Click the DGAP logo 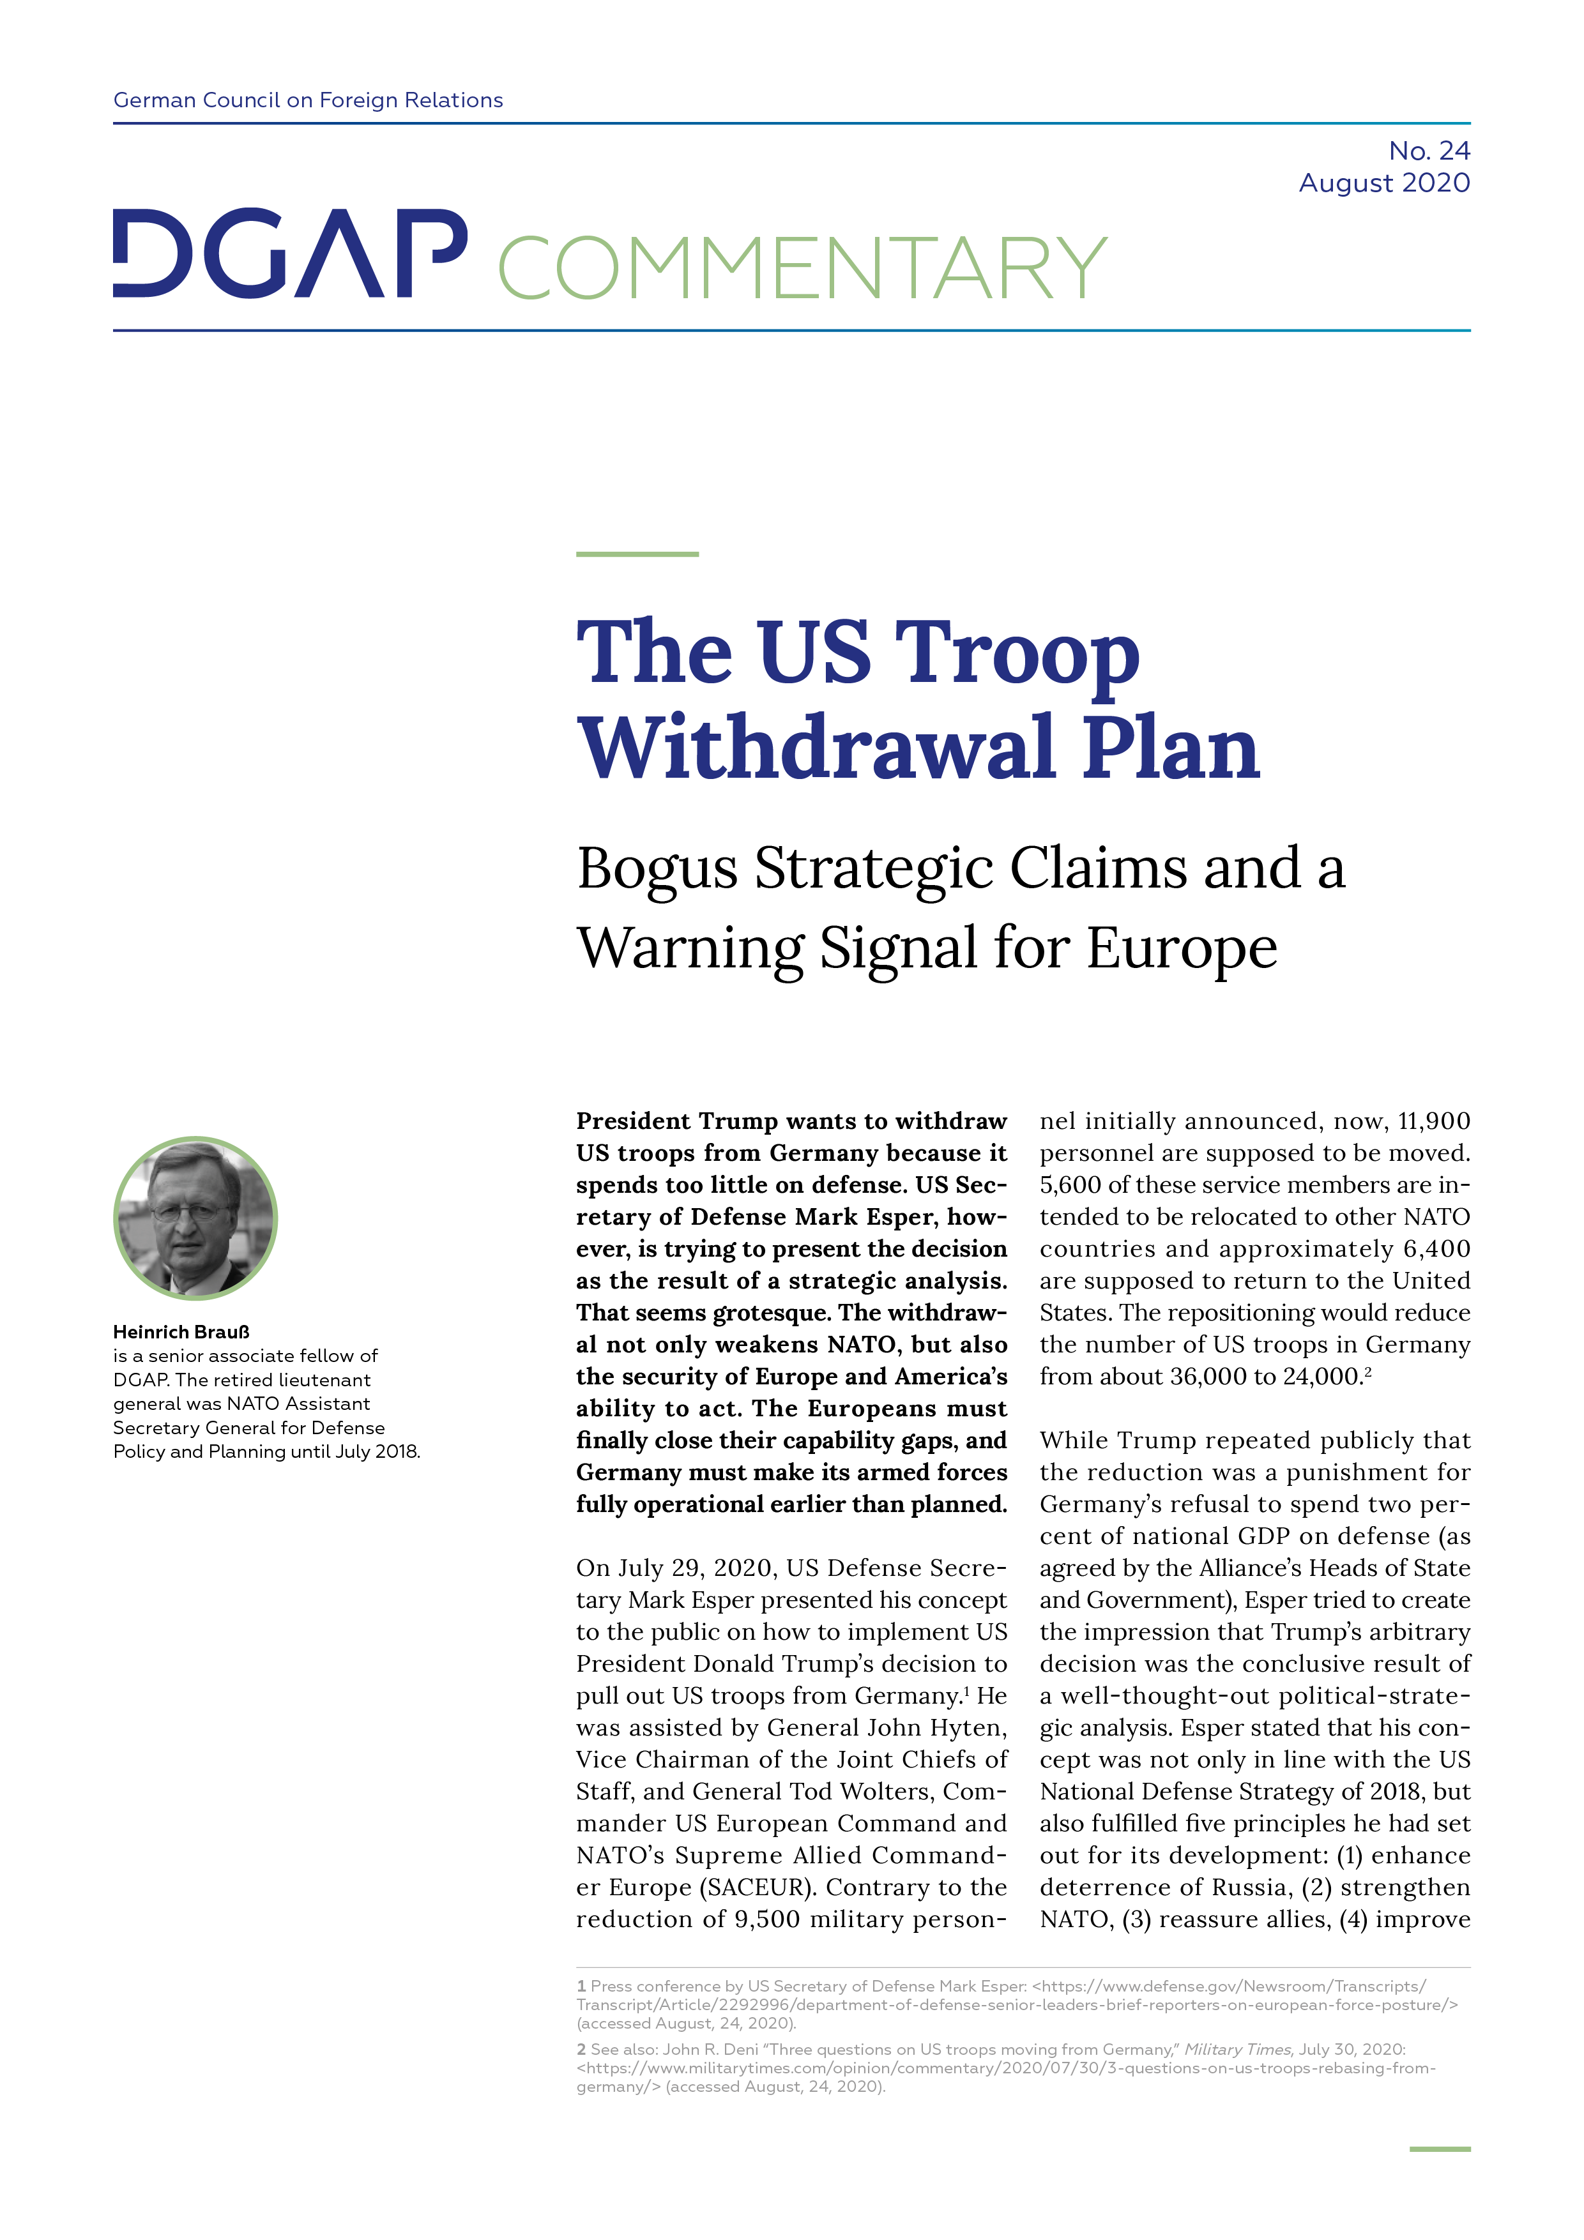pyautogui.click(x=290, y=254)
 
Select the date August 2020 pyautogui.click(x=1384, y=183)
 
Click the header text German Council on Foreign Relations pyautogui.click(x=308, y=100)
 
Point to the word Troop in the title pyautogui.click(x=1018, y=654)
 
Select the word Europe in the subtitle pyautogui.click(x=1182, y=948)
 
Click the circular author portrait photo pyautogui.click(x=195, y=1218)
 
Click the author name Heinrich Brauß pyautogui.click(x=181, y=1332)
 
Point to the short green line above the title pyautogui.click(x=637, y=554)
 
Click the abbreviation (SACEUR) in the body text pyautogui.click(x=756, y=1887)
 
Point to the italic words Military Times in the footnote pyautogui.click(x=1238, y=2049)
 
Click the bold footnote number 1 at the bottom pyautogui.click(x=582, y=1985)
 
